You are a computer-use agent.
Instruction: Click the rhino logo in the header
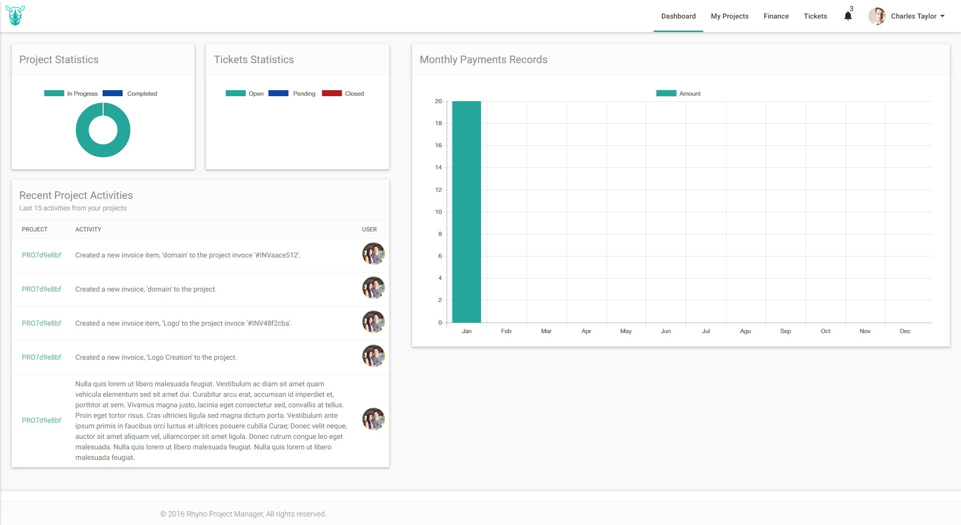(15, 16)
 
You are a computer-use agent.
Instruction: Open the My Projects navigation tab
(729, 16)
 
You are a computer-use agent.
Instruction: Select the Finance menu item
(776, 16)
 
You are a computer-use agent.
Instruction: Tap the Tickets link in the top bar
(815, 16)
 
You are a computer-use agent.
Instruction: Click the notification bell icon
(848, 16)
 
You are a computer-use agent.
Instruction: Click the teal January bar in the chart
(466, 212)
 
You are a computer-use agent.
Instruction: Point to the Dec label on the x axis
(905, 331)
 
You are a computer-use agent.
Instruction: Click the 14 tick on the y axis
(438, 167)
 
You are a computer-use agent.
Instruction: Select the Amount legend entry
(678, 93)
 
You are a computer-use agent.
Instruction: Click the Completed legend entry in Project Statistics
(130, 93)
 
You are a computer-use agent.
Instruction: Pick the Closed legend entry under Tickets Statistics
(343, 93)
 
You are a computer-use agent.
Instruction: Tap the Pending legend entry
(292, 93)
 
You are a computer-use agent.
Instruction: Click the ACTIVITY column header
(88, 229)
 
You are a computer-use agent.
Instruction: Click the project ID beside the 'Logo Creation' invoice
(42, 357)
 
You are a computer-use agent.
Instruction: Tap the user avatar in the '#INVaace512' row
(373, 254)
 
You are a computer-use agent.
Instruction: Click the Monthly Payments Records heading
(484, 60)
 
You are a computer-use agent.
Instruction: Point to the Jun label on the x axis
(666, 331)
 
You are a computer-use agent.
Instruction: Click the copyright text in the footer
(243, 514)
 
